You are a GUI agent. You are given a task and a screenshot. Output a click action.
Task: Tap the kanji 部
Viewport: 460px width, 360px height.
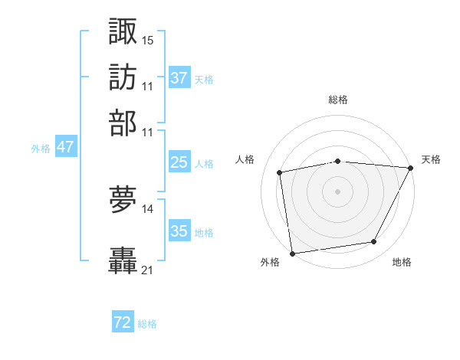coord(123,123)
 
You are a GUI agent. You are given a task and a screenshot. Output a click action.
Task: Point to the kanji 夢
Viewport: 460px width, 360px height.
coord(123,201)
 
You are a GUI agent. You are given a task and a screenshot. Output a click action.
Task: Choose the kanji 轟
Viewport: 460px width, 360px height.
coord(123,261)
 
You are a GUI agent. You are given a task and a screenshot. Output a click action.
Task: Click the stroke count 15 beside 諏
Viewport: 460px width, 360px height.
coord(148,39)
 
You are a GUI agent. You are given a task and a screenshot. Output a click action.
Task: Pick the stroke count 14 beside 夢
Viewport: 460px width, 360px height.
coord(148,208)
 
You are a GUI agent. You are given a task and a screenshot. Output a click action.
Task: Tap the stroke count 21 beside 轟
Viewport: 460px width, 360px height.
coord(148,270)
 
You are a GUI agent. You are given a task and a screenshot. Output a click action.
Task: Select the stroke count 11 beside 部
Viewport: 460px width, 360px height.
coord(148,132)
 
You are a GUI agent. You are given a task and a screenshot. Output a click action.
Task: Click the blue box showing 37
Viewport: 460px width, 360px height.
coord(179,78)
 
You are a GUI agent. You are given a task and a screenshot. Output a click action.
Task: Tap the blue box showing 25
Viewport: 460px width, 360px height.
coord(179,162)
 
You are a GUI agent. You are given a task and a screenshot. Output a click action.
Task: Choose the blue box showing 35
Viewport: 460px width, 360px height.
coord(179,231)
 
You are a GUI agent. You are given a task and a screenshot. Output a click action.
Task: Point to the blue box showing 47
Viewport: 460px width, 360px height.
coord(65,147)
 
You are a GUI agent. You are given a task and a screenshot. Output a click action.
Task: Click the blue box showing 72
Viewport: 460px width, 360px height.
coord(123,322)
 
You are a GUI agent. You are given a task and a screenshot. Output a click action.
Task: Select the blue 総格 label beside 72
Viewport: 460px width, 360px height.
coord(147,324)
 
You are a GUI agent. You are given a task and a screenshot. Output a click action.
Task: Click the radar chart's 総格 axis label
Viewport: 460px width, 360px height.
coord(338,100)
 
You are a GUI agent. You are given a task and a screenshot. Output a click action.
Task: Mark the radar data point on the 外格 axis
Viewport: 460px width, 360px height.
coord(292,253)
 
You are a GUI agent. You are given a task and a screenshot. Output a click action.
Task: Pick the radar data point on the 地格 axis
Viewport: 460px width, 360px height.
coord(374,242)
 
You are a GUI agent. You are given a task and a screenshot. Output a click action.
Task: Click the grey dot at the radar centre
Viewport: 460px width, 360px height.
coord(337,191)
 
